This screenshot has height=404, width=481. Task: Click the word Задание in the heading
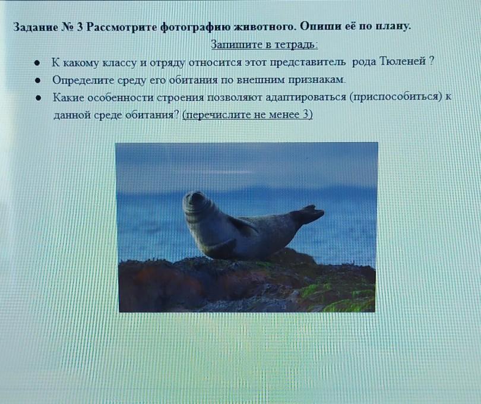36,27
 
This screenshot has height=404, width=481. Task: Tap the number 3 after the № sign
80,27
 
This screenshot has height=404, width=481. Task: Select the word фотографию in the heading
195,27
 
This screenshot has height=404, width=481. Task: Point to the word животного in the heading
264,27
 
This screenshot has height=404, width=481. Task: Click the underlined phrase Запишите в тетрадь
264,45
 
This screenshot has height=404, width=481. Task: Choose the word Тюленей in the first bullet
402,61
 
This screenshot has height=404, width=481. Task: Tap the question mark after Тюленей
431,61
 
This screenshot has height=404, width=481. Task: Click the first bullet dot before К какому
37,63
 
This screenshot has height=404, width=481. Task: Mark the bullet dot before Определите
38,81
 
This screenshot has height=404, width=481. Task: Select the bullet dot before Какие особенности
39,98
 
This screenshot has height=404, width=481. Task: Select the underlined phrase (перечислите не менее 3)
248,115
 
